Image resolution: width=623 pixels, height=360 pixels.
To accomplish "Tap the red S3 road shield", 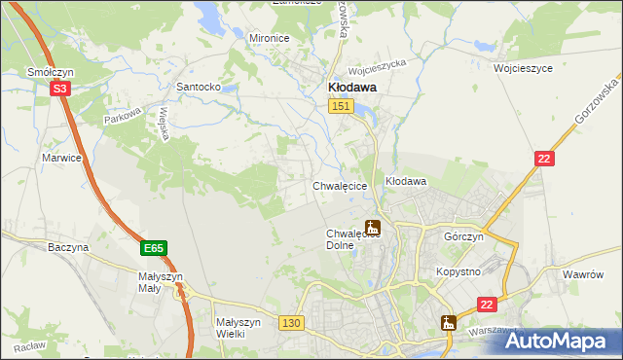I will pos(60,88).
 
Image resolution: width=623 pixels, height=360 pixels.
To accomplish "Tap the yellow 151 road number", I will pos(340,106).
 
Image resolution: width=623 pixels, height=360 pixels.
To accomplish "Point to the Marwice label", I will pos(60,157).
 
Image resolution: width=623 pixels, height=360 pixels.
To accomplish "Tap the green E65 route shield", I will pos(153,249).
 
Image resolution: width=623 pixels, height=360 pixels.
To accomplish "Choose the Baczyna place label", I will pos(68,248).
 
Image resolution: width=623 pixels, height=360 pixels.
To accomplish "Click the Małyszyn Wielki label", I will pos(237,328).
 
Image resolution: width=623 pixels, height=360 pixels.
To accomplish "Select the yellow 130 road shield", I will pos(290,322).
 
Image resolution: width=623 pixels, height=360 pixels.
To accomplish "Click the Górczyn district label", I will pos(463,237).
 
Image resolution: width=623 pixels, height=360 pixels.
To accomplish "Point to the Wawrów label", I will pos(584,275).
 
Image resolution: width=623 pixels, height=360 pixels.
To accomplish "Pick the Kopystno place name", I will pos(458,271).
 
